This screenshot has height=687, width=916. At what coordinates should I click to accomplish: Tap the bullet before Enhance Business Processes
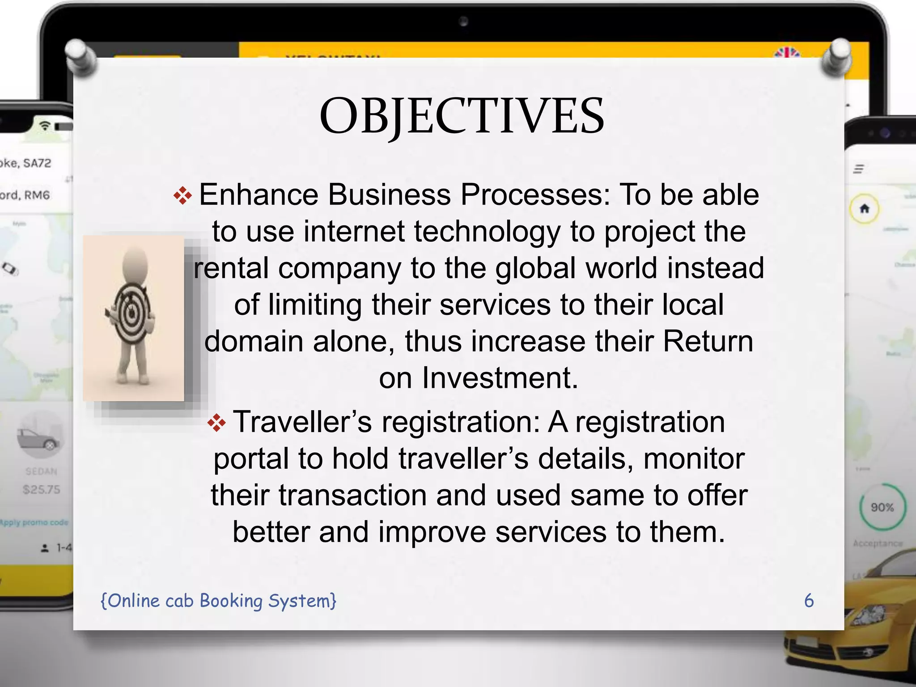tap(182, 196)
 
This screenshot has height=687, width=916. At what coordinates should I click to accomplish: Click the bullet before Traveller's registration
tap(217, 423)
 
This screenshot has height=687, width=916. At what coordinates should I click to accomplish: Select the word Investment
tap(500, 378)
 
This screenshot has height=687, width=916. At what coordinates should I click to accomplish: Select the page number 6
tap(809, 601)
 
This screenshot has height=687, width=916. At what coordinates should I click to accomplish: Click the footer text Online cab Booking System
tap(218, 601)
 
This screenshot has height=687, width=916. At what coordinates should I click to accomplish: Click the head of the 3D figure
tap(135, 264)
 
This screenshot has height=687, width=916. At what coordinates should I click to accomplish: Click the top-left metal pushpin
tap(81, 56)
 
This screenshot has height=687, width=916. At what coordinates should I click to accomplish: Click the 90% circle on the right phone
tap(882, 507)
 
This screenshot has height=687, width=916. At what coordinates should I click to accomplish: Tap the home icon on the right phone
tap(864, 208)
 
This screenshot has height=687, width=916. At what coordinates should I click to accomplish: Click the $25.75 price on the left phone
tap(42, 490)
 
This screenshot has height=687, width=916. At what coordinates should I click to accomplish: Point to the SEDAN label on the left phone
tap(42, 471)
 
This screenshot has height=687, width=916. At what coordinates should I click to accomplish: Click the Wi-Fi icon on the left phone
tap(45, 125)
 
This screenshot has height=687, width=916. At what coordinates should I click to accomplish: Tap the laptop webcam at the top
tap(463, 21)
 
